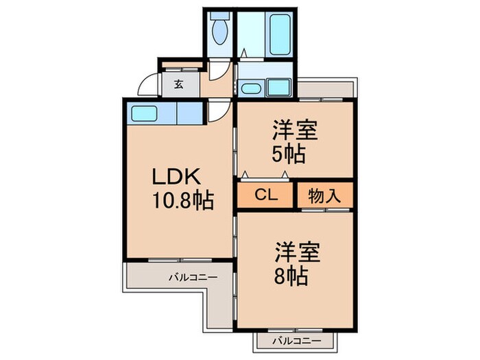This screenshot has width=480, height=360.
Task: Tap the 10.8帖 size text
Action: (x=183, y=201)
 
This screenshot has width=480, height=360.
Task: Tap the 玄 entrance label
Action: (x=178, y=85)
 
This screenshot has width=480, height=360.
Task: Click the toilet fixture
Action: (x=220, y=31)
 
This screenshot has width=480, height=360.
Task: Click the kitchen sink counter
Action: (x=145, y=113)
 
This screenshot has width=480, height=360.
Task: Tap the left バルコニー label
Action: (x=193, y=278)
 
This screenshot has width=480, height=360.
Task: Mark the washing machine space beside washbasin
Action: (x=278, y=87)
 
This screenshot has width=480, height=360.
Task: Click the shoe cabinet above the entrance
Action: (x=181, y=67)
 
